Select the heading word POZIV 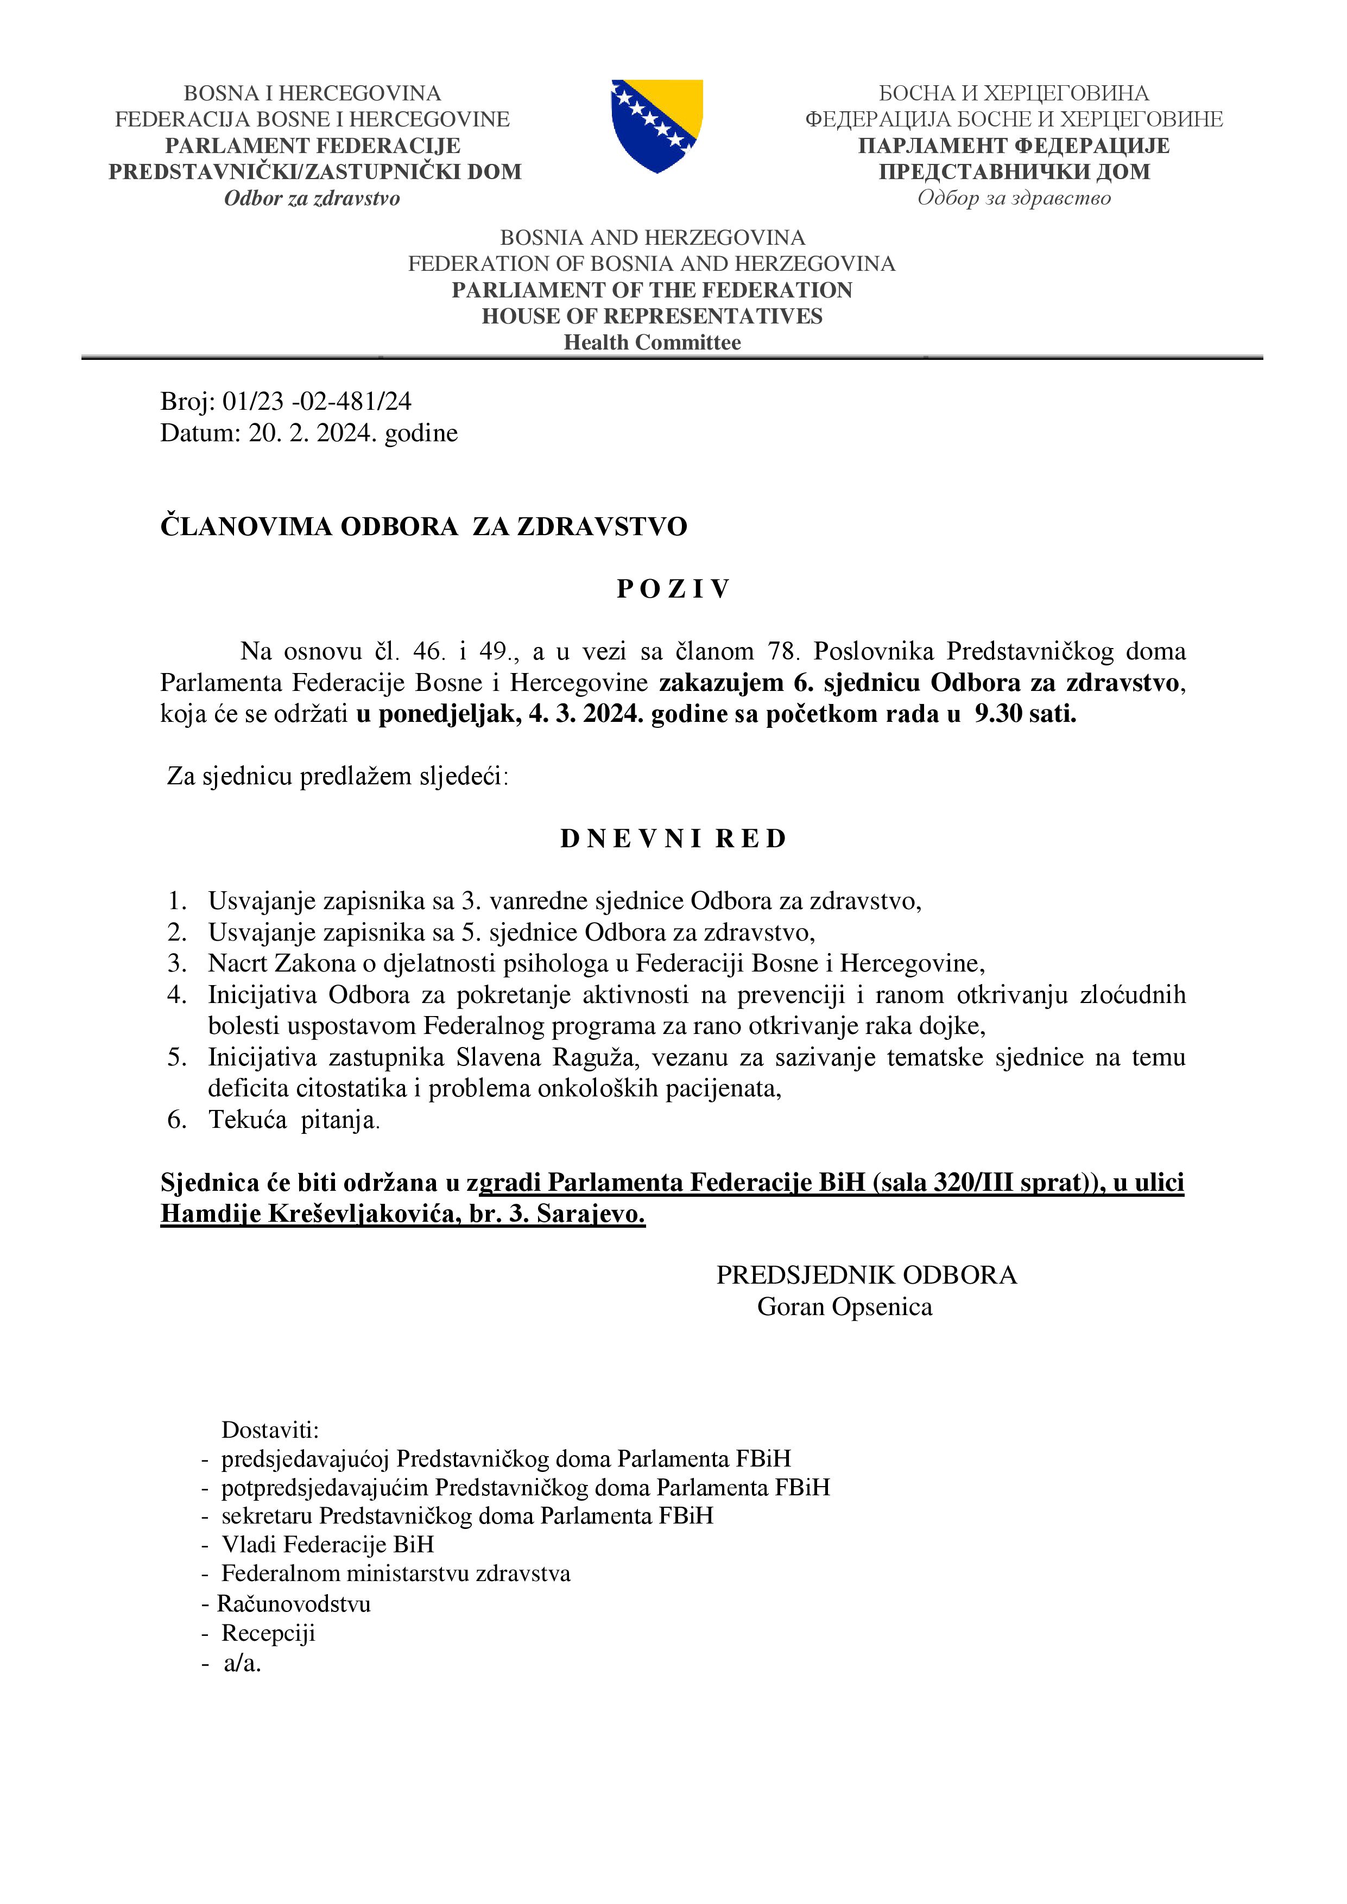pos(673,589)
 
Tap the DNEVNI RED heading pos(673,839)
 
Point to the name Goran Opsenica pos(844,1307)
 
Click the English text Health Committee pos(652,342)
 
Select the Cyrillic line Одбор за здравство pos(1014,198)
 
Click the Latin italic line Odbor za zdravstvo pos(312,198)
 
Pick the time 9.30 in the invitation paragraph pos(998,714)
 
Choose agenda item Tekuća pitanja pos(294,1120)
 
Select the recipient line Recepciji pos(268,1633)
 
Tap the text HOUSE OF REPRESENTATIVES pos(652,316)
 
